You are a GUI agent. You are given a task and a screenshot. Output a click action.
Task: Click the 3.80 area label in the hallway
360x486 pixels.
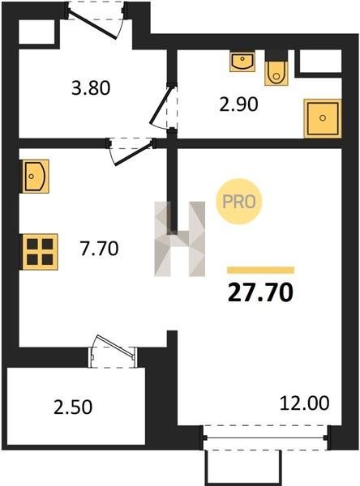(x=91, y=88)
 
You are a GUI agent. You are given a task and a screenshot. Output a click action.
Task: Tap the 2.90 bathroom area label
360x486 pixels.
(x=238, y=104)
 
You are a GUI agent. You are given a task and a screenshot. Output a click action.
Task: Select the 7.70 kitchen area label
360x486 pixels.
(x=99, y=249)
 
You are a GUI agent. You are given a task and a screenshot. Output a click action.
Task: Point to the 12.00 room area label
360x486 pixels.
(x=304, y=403)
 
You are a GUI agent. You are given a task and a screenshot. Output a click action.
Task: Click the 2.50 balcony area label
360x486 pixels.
(x=73, y=407)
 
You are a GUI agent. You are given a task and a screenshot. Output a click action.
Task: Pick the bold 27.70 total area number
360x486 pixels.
(x=260, y=293)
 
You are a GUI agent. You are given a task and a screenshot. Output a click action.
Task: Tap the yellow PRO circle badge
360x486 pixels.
(x=239, y=202)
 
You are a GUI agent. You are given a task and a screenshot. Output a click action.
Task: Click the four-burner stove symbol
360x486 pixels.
(x=40, y=252)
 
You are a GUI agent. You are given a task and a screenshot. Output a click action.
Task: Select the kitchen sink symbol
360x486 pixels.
(x=34, y=177)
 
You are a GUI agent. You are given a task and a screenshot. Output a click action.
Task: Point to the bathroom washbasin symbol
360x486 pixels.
(x=242, y=62)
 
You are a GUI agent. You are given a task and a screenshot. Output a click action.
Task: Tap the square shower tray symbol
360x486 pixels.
(x=323, y=118)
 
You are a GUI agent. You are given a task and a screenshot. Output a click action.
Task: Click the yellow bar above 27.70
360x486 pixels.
(x=261, y=270)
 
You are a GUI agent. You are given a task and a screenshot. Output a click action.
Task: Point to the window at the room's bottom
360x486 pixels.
(x=266, y=438)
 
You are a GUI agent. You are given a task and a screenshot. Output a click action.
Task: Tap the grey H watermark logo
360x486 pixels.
(x=180, y=239)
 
